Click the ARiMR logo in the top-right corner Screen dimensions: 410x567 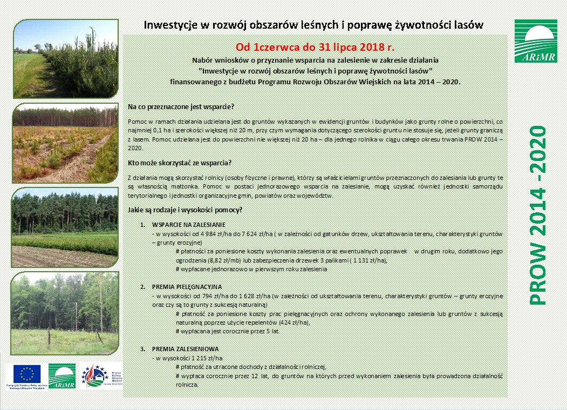coord(535,41)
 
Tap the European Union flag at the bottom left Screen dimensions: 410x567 coord(26,373)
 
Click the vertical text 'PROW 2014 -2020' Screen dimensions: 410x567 coord(537,215)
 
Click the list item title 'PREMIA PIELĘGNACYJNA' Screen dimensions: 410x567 coord(187,286)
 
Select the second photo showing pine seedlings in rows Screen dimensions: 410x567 coord(65,143)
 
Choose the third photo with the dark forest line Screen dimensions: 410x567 coord(65,227)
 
